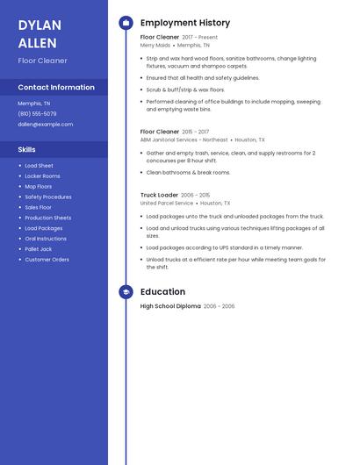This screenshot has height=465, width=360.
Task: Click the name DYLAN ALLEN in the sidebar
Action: pos(40,34)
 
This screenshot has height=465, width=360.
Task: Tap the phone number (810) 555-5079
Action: pos(37,114)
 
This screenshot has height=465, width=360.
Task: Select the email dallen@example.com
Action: pos(45,125)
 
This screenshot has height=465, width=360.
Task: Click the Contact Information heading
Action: pos(56,88)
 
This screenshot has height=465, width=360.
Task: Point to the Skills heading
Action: pos(27,150)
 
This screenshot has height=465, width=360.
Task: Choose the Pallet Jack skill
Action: pos(40,249)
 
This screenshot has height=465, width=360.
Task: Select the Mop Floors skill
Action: pos(38,187)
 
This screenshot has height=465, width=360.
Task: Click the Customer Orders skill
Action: pos(47,260)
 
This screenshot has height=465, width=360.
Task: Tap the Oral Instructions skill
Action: pos(46,239)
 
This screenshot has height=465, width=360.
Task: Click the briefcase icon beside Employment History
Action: pos(126,23)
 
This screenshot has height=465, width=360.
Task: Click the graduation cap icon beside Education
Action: pos(126,292)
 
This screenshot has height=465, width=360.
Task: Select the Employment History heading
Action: pos(185,23)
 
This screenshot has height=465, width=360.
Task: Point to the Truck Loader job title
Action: pos(159,195)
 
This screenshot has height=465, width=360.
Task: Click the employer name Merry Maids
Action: pos(155,45)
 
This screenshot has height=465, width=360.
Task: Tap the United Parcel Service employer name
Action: pos(167,203)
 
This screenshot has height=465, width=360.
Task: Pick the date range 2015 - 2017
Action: pos(196,132)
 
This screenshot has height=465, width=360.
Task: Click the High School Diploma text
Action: pos(170,306)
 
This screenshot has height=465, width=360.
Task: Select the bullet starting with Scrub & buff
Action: pos(185,89)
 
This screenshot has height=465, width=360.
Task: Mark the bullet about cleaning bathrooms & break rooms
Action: pos(188,173)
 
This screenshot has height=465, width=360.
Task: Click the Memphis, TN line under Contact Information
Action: pos(34,104)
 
